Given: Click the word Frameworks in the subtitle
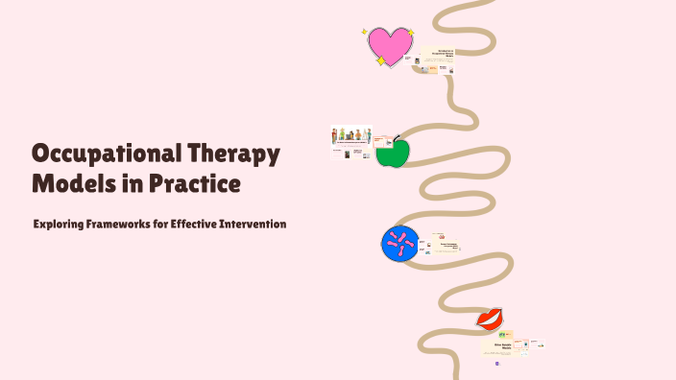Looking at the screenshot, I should click(130, 224).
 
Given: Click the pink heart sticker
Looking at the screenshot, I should click(390, 45).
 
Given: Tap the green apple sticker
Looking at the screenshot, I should click(392, 153).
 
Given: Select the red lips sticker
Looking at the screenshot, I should click(491, 318).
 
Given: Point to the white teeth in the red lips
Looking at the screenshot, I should click(491, 318).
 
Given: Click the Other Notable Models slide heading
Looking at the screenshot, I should click(502, 343).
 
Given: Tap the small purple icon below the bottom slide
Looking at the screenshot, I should click(497, 365).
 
